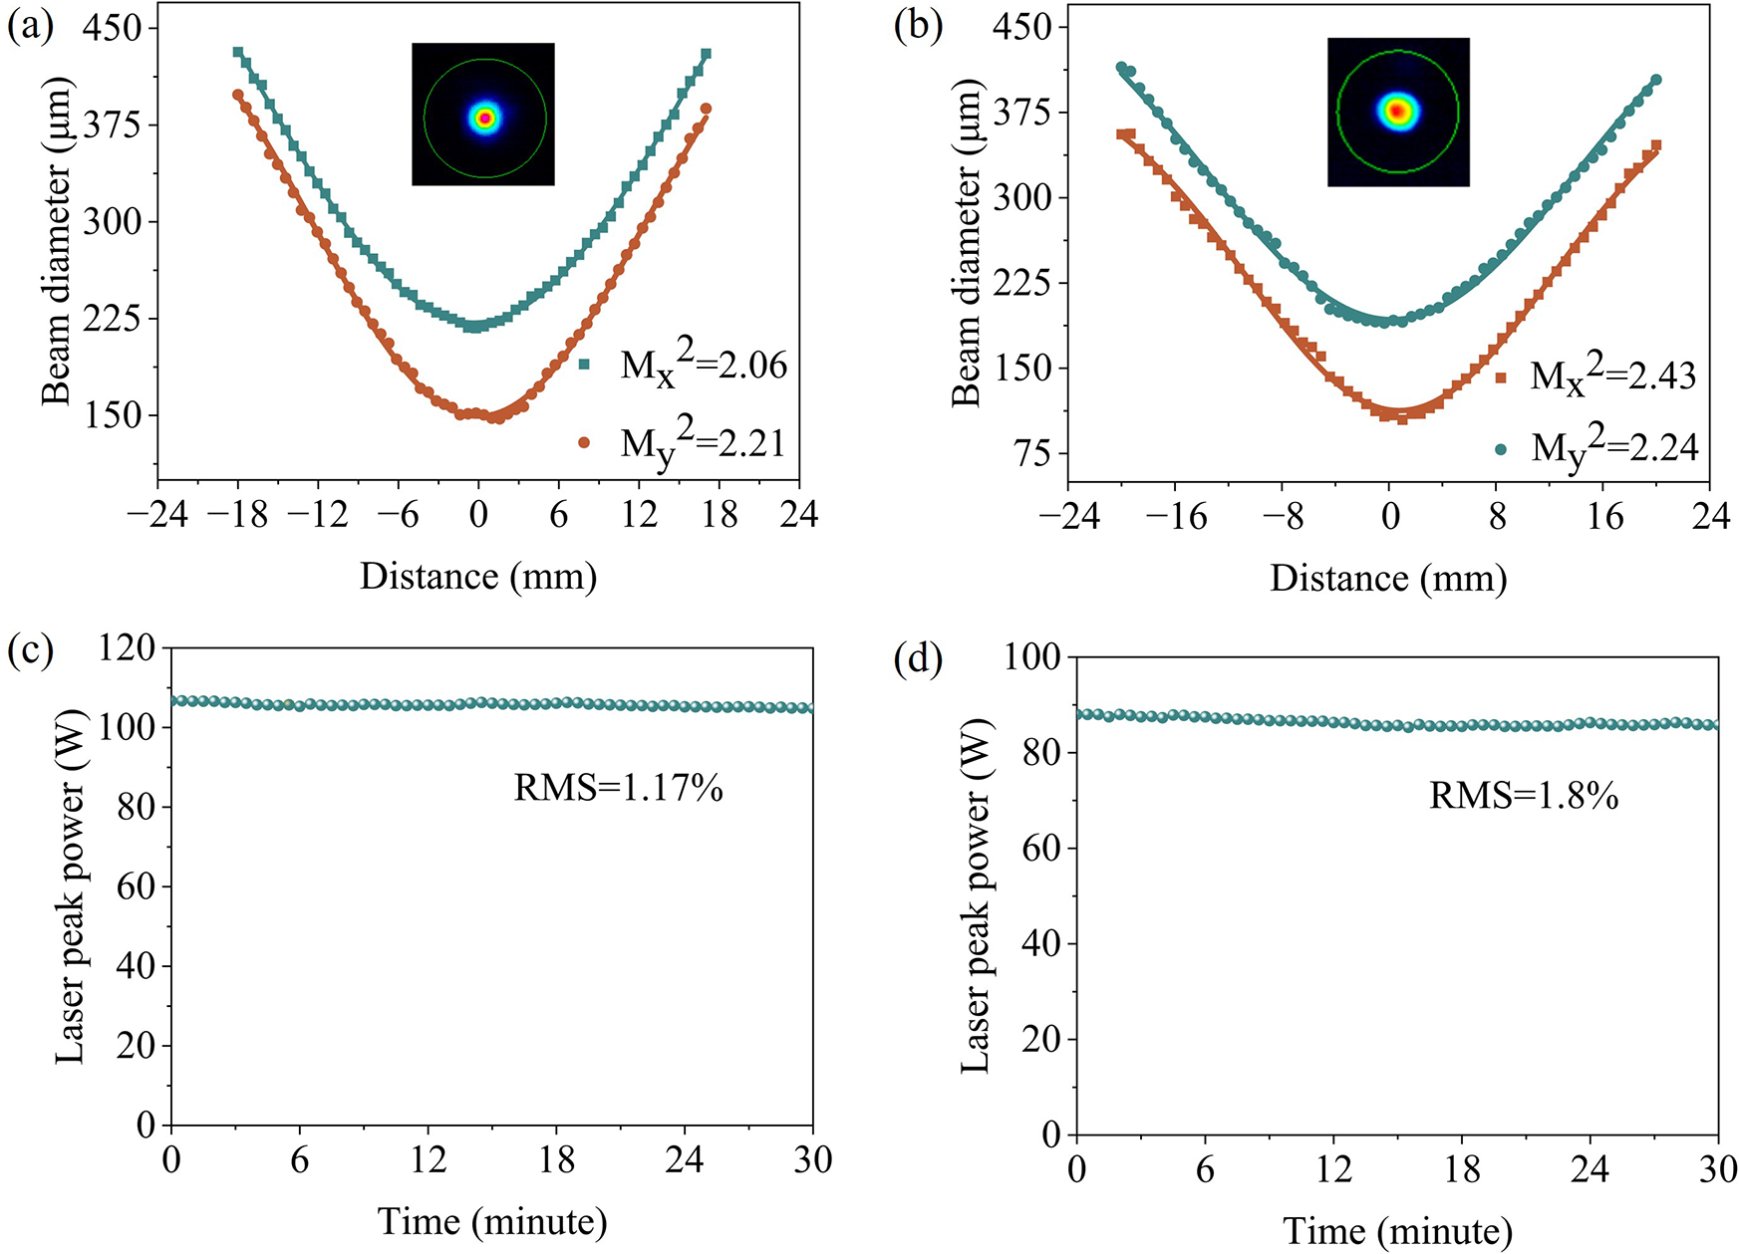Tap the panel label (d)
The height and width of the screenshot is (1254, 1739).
tap(918, 660)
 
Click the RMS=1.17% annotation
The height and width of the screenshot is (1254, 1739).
tap(618, 789)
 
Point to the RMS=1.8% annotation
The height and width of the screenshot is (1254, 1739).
tap(1524, 796)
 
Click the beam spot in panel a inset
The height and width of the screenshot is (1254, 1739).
tap(484, 118)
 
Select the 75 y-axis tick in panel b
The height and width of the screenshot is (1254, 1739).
tap(1031, 453)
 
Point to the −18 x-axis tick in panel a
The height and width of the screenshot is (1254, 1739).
tap(237, 514)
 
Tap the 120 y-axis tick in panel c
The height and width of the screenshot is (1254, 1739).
tap(128, 648)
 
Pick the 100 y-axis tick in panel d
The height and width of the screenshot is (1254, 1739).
tap(1033, 657)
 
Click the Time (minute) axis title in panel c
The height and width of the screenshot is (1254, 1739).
tap(492, 1220)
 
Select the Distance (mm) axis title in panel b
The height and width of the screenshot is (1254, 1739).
tap(1388, 578)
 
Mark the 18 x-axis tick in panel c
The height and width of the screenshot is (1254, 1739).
tap(556, 1159)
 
